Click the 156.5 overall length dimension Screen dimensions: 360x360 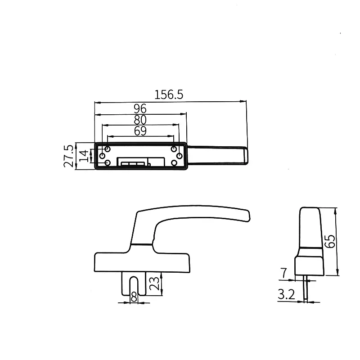[x=169, y=94]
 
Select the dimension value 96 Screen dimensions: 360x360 [x=140, y=108]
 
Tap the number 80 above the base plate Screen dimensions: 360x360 [x=140, y=120]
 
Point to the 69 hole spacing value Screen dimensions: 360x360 [x=140, y=131]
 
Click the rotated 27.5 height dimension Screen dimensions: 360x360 [x=69, y=156]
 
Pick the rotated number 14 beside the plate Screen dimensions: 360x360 [x=84, y=156]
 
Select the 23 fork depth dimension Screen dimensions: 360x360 [x=154, y=283]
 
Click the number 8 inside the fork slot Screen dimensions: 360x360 [x=134, y=297]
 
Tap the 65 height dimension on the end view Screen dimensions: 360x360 [x=330, y=241]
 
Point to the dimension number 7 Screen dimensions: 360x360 [x=284, y=273]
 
